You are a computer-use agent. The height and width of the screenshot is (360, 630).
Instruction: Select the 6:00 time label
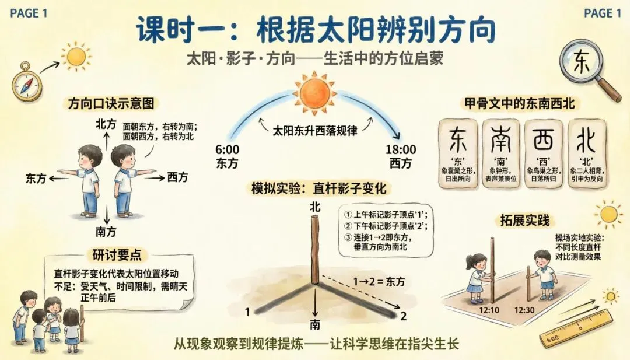(x=228, y=150)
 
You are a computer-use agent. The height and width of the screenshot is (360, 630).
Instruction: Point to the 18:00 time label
(x=401, y=150)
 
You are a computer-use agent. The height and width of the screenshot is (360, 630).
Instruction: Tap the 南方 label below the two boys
(x=106, y=232)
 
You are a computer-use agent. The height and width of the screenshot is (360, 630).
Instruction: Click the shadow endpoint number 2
(x=402, y=316)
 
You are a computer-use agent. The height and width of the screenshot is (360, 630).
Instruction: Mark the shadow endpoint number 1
(x=248, y=311)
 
